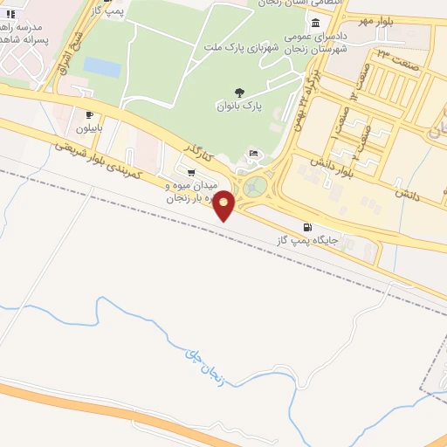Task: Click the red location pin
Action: tap(224, 205)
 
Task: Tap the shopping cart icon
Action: tap(191, 171)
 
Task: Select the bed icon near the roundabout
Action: tap(253, 155)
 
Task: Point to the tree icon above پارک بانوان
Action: tap(239, 91)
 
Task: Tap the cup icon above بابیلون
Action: tap(90, 114)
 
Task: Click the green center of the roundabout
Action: tap(256, 186)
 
